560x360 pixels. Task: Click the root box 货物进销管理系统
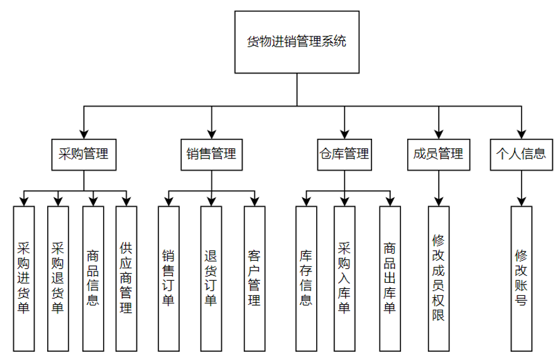(297, 42)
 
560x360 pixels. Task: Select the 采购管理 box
(84, 155)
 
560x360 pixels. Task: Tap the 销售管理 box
(211, 155)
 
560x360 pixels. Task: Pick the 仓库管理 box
(344, 155)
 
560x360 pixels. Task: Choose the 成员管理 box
(439, 155)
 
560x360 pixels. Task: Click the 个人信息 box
(522, 155)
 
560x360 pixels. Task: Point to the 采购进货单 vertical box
(24, 278)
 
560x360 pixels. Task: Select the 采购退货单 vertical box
(58, 278)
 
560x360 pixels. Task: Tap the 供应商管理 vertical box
(126, 278)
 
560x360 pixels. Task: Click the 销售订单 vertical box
(168, 278)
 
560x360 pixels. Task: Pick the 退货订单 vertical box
(211, 278)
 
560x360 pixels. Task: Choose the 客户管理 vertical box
(255, 278)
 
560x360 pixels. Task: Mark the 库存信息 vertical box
(306, 278)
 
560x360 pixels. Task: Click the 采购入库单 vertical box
(344, 278)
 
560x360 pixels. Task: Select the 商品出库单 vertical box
(390, 278)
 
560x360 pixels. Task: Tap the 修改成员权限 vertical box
(439, 278)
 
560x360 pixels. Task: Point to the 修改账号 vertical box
(522, 278)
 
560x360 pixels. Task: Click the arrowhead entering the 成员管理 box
(439, 134)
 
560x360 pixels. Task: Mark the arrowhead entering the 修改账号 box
(522, 202)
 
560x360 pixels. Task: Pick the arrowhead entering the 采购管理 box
(84, 134)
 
